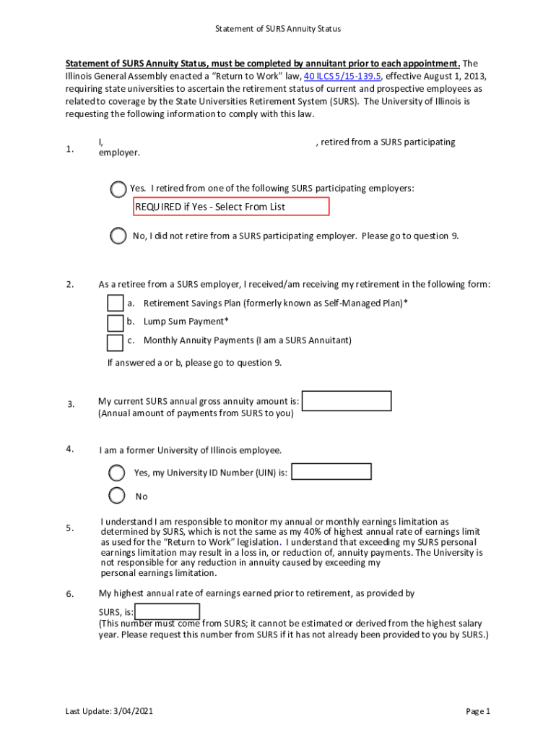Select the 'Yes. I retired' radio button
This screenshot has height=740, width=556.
coord(118,189)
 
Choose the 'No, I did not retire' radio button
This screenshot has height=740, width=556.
coord(118,236)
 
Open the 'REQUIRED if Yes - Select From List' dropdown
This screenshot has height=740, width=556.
coord(231,207)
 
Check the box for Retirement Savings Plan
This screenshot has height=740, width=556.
coord(115,304)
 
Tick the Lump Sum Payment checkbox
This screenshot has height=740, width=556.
coord(115,322)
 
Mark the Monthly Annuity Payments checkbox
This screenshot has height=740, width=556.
coord(115,341)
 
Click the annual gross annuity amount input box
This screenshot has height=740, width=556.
coord(347,401)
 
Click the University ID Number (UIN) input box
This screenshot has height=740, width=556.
coord(331,472)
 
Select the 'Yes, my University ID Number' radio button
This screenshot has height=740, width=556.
coord(116,473)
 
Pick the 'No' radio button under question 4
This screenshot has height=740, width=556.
coord(116,496)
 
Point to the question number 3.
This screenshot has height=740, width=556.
coord(70,404)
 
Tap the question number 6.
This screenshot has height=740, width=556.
coord(70,594)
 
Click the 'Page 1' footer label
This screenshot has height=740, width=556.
coord(478,711)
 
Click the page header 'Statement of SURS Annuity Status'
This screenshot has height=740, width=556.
coord(278,29)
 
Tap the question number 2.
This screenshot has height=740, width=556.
coord(70,285)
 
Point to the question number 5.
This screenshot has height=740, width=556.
coord(70,528)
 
